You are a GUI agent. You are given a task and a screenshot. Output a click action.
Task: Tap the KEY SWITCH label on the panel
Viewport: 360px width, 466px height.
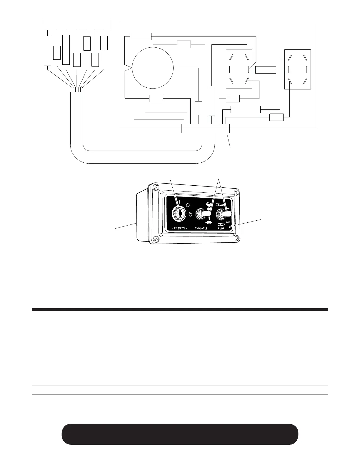pyautogui.click(x=179, y=228)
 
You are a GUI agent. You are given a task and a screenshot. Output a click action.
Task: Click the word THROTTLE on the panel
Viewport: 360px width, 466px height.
pyautogui.click(x=203, y=228)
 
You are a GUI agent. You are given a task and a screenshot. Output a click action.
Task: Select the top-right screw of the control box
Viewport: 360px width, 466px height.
pyautogui.click(x=235, y=193)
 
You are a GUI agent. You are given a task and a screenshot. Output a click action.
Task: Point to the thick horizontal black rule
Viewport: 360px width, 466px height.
pyautogui.click(x=179, y=309)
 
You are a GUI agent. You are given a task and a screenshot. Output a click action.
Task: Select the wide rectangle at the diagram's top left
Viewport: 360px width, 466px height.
pyautogui.click(x=76, y=25)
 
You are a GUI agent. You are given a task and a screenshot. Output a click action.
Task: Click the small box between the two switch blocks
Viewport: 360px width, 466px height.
pyautogui.click(x=266, y=70)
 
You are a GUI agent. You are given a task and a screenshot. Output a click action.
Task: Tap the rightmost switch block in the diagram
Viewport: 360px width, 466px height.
pyautogui.click(x=298, y=69)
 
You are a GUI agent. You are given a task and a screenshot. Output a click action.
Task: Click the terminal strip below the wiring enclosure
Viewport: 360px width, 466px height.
pyautogui.click(x=205, y=128)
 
